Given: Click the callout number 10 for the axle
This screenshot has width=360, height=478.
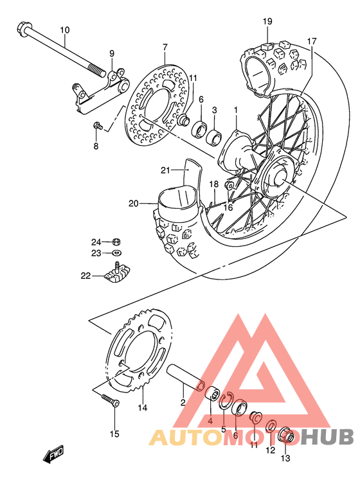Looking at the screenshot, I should [x=64, y=30].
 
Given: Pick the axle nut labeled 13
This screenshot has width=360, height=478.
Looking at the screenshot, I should [x=288, y=437].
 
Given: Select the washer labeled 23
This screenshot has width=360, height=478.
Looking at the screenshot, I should [x=116, y=254].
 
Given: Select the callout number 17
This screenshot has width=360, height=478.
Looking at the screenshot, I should [x=311, y=41].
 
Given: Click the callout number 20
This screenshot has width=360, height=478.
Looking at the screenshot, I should [x=133, y=204].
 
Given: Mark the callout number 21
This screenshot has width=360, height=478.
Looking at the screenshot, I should [x=165, y=170].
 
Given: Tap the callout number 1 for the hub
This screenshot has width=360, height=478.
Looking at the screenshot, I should [x=235, y=110].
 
